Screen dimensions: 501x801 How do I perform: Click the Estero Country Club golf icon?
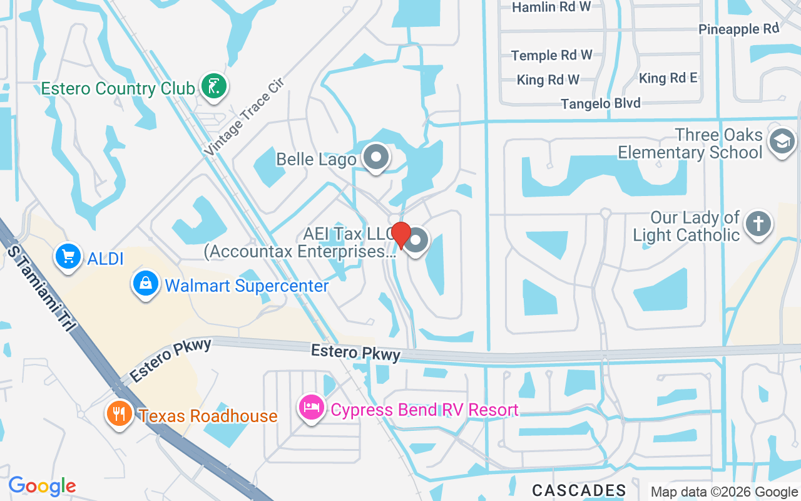tap(214, 85)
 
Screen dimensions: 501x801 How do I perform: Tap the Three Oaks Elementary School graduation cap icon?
tap(782, 142)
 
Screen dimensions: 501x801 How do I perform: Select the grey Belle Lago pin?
tap(376, 158)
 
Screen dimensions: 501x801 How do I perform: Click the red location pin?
tap(400, 235)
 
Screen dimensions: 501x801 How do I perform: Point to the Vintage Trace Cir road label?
tap(243, 116)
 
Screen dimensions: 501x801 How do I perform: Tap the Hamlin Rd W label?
tap(551, 7)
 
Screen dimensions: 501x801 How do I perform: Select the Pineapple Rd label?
tap(738, 29)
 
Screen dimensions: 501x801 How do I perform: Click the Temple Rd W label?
tap(551, 55)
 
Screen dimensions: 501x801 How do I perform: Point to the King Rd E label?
tap(668, 78)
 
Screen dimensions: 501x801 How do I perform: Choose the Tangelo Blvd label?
tap(600, 103)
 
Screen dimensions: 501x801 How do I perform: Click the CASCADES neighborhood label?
tap(579, 490)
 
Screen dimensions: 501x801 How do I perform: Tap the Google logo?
tap(42, 486)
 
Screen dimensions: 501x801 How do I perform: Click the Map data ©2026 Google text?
tap(724, 492)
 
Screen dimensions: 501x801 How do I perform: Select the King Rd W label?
tap(548, 80)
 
